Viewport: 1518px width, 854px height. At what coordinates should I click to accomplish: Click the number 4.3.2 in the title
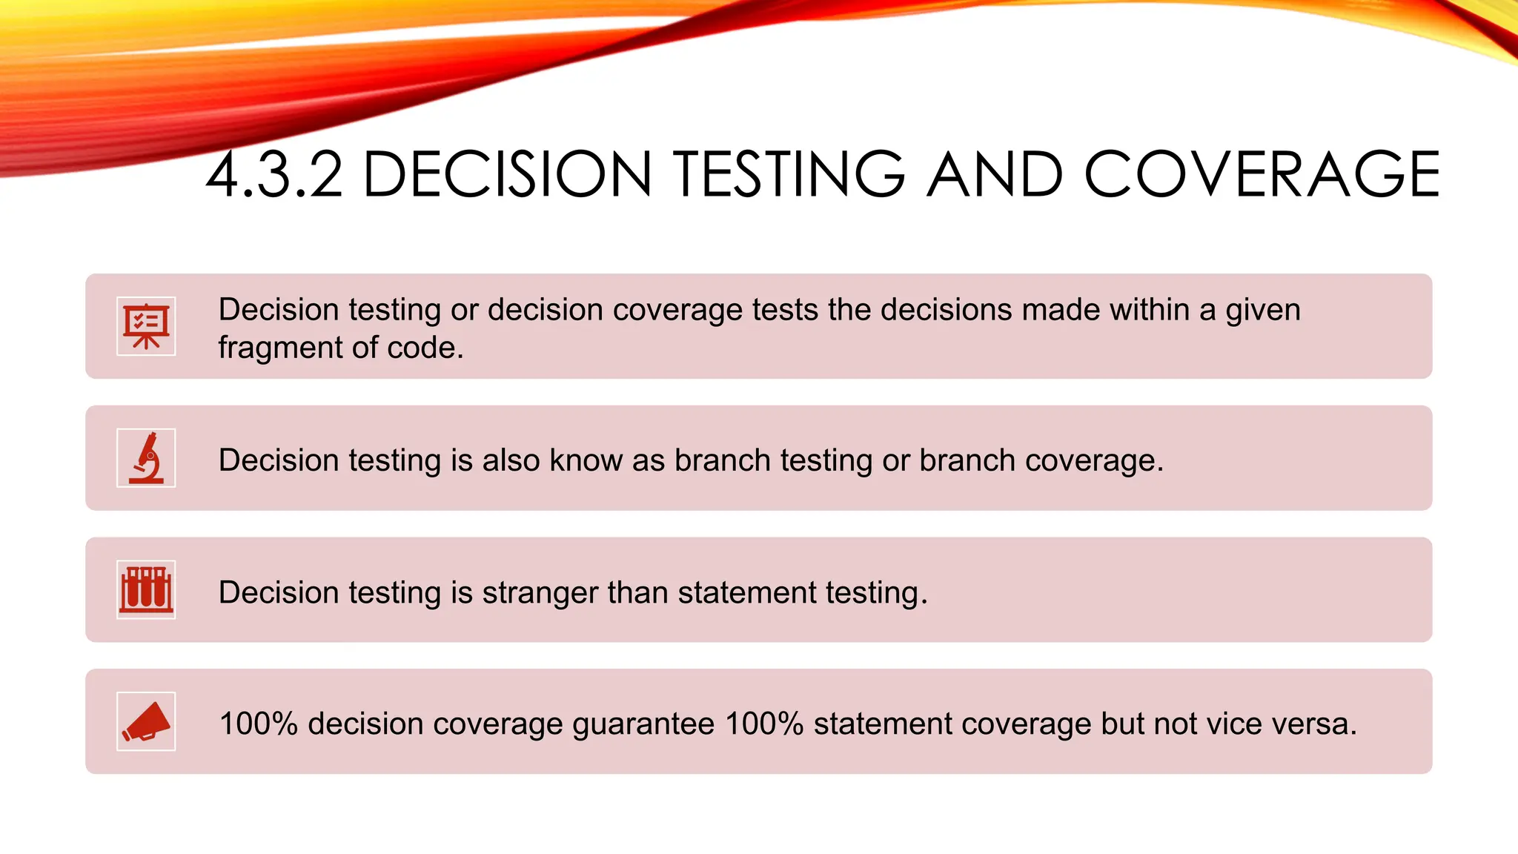(274, 175)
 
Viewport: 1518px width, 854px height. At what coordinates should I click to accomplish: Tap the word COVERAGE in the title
(1262, 175)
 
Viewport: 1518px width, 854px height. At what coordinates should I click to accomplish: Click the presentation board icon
(146, 326)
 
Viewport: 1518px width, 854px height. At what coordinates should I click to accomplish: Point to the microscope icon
(146, 458)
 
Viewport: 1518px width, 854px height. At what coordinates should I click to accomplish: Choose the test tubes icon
(146, 589)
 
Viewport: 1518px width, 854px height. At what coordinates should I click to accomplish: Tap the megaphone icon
(146, 721)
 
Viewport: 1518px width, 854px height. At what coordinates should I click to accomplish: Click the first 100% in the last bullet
(259, 724)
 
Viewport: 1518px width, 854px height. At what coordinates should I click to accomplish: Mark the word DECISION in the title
(508, 175)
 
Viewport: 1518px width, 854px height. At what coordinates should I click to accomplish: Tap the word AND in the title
(995, 175)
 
